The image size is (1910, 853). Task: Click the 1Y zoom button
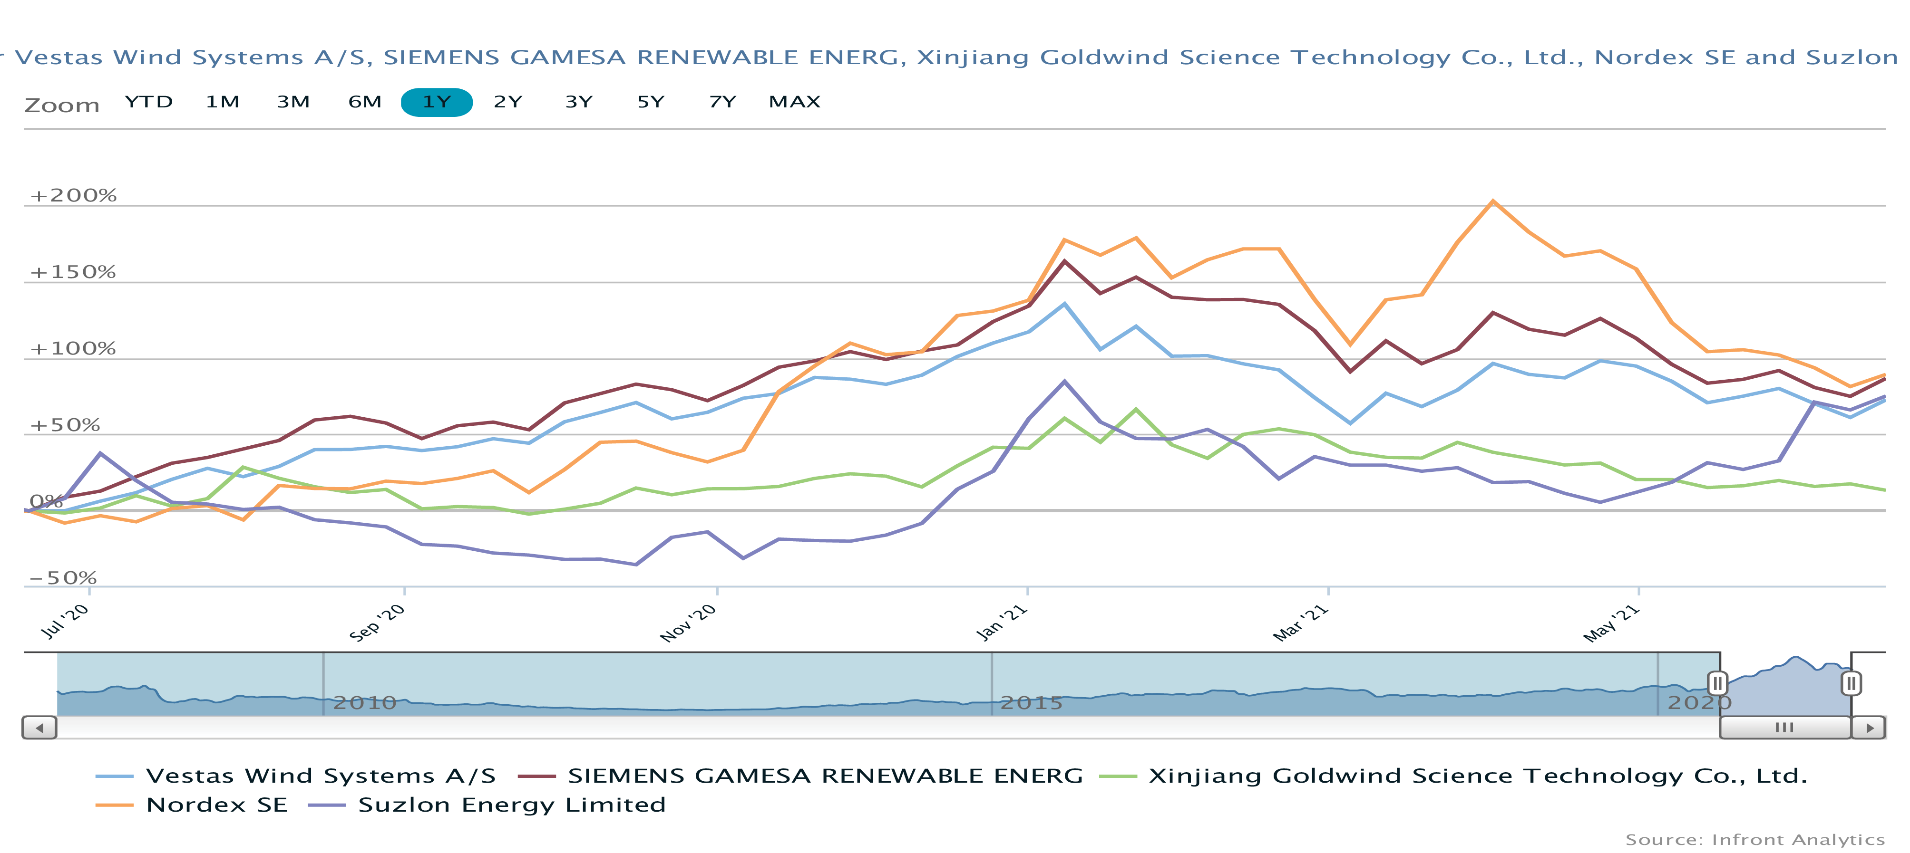tap(436, 102)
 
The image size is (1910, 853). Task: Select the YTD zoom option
tap(148, 102)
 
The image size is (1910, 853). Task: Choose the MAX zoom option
tap(794, 102)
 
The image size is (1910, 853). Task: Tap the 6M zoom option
tap(365, 102)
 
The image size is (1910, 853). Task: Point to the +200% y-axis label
tap(73, 196)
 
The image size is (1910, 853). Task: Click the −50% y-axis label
tap(63, 578)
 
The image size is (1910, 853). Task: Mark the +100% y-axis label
tap(73, 349)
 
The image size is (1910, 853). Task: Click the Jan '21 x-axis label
tap(1001, 623)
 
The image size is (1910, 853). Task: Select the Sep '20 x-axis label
tap(377, 623)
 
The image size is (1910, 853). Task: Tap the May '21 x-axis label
tap(1610, 623)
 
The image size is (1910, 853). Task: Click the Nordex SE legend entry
tap(216, 805)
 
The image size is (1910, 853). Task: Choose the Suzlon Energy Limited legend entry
tap(512, 805)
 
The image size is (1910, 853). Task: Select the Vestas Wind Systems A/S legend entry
tap(320, 776)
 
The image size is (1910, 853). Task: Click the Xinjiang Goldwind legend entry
tap(1477, 776)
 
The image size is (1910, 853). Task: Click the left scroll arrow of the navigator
tap(39, 728)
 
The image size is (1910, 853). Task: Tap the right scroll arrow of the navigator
tap(1869, 728)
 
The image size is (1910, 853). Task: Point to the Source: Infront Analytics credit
tap(1754, 840)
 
